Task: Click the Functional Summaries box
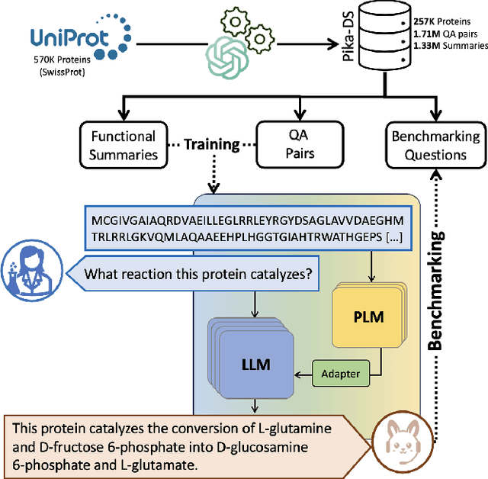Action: point(124,145)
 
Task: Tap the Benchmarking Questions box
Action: point(435,145)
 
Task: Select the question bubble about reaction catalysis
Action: point(199,274)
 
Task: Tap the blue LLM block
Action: point(251,358)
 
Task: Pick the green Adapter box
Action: point(342,374)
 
